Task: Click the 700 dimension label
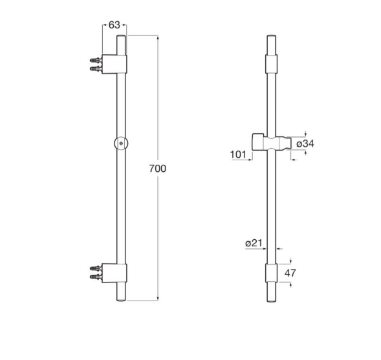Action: point(157,169)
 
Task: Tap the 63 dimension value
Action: point(114,25)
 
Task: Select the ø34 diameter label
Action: point(305,143)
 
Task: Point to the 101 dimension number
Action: point(238,154)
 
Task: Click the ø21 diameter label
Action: point(254,243)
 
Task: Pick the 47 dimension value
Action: point(290,273)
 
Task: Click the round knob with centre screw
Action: point(121,143)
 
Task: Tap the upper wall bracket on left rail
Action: point(114,64)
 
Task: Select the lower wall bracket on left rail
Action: point(114,273)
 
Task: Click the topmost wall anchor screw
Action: point(96,60)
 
